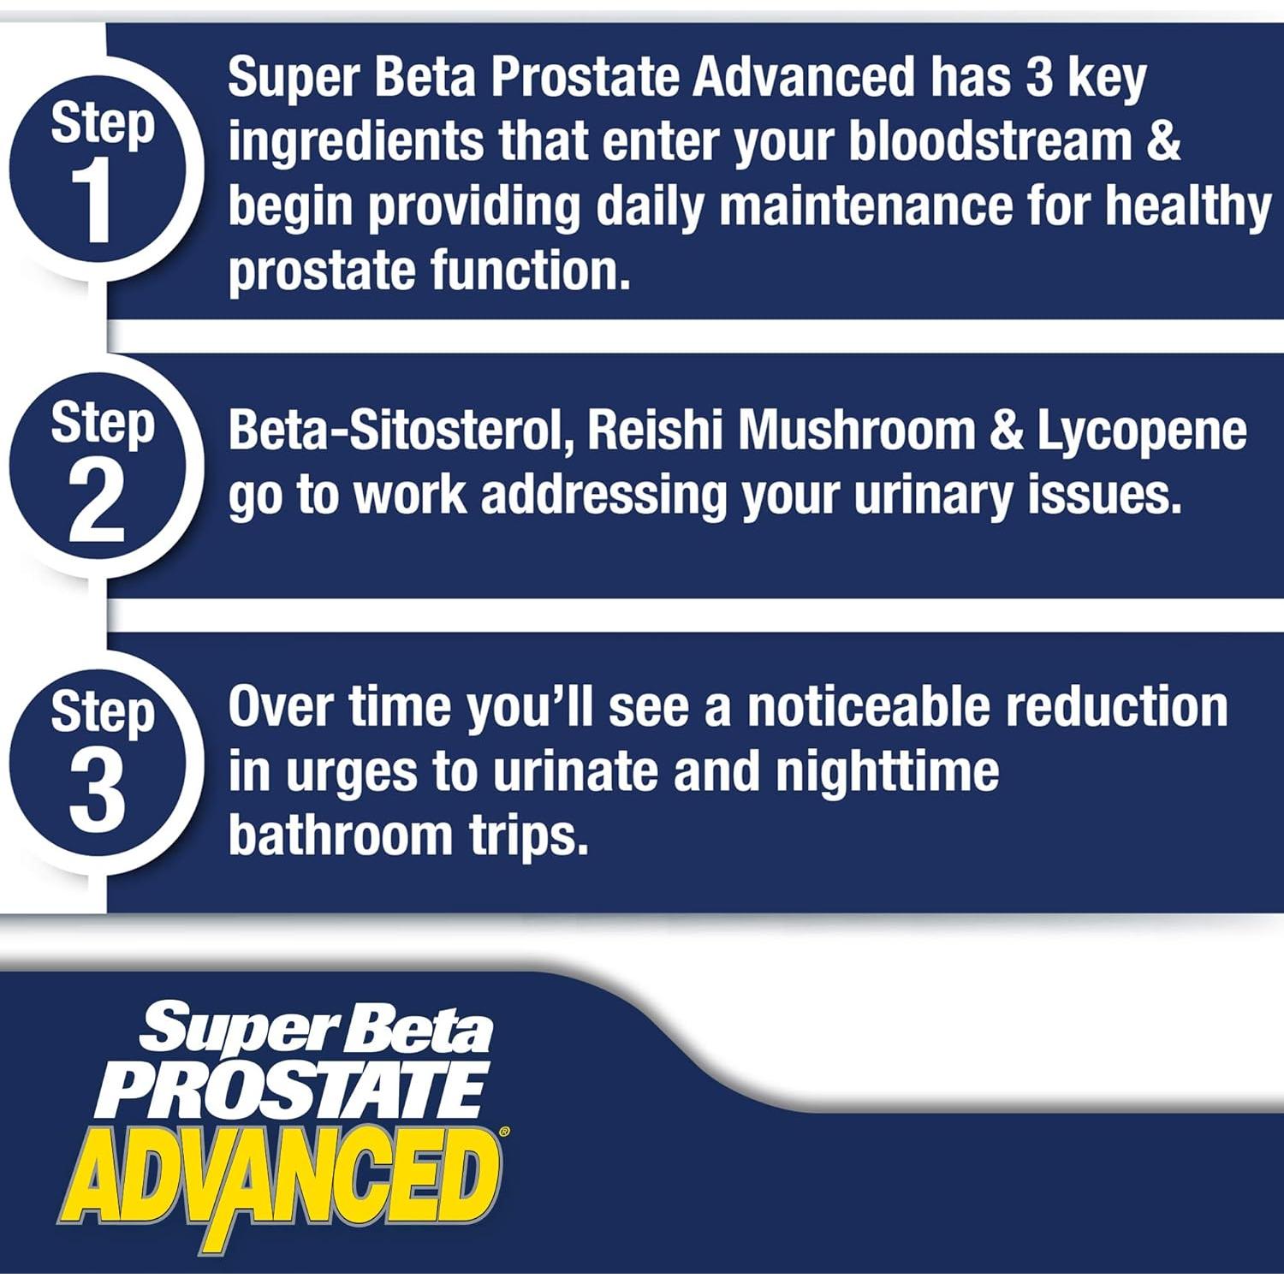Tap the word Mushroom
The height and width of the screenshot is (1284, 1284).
click(856, 431)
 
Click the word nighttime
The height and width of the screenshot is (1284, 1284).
click(887, 771)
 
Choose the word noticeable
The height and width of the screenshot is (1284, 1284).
click(868, 707)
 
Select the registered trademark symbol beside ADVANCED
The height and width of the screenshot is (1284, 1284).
click(504, 1132)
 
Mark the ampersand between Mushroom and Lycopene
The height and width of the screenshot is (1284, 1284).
click(1007, 431)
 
